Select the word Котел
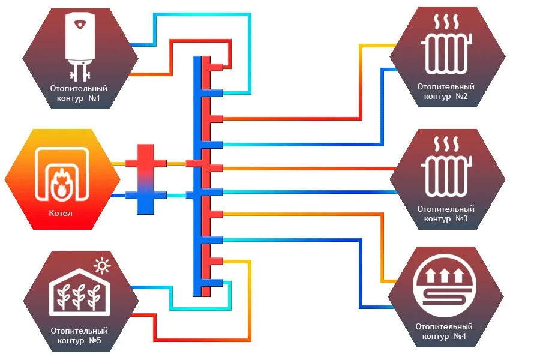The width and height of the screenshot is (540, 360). [x=60, y=212]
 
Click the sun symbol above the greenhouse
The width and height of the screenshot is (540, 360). [x=103, y=265]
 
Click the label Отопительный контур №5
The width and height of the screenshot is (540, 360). [x=79, y=335]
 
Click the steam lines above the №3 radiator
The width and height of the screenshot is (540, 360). [x=447, y=144]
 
